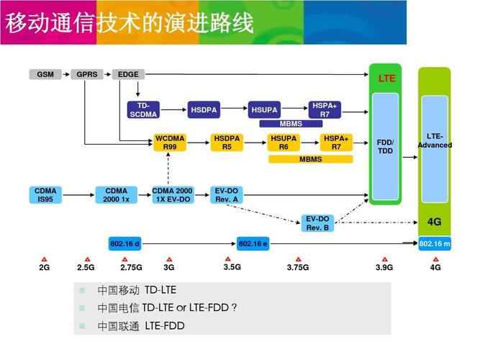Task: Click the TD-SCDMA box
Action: [144, 109]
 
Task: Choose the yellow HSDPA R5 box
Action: [227, 142]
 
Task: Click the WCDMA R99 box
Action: [170, 142]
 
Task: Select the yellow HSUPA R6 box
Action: [284, 142]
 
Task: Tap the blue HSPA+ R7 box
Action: [325, 109]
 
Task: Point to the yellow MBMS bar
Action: [311, 159]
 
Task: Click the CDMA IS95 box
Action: [45, 195]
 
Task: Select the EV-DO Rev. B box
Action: [317, 223]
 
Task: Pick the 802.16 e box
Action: [253, 244]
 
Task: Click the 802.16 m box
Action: [434, 244]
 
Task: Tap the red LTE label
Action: [386, 78]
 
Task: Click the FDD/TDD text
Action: [385, 146]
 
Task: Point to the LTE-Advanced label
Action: [434, 140]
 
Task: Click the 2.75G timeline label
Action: [131, 267]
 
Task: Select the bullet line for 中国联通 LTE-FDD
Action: [141, 326]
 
